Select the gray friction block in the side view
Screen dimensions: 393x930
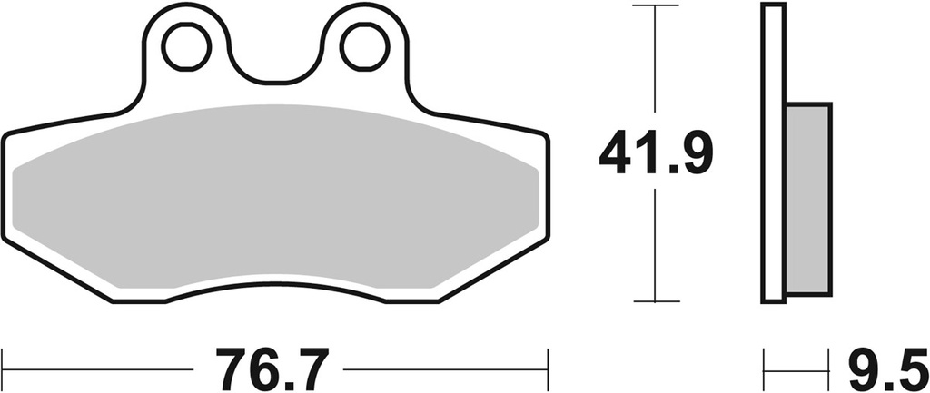point(807,198)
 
